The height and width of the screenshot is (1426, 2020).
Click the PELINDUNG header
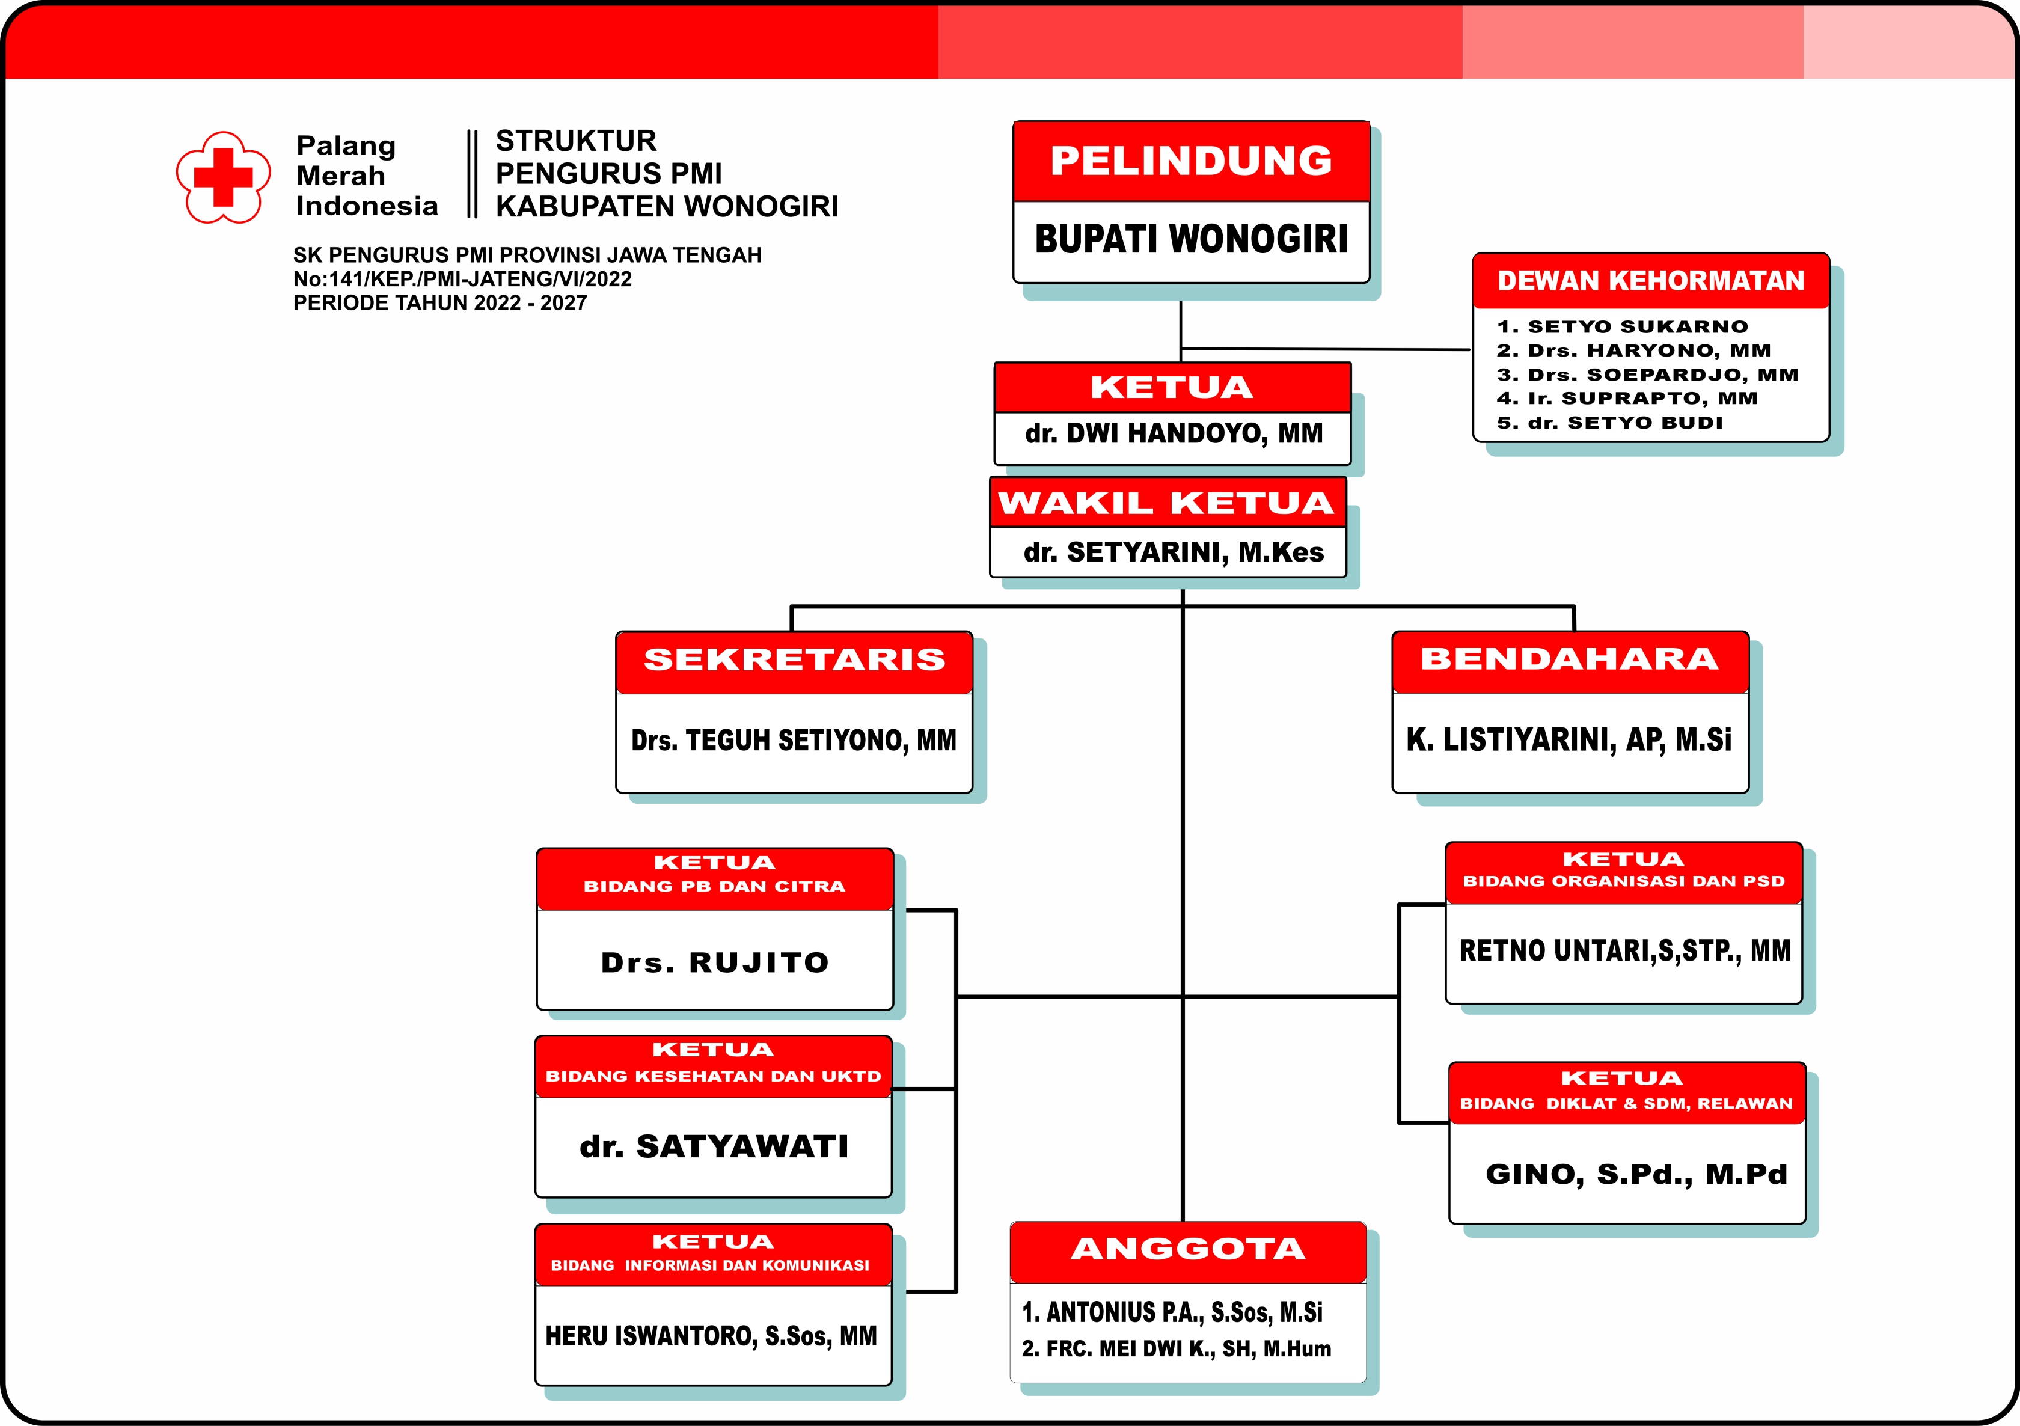1191,161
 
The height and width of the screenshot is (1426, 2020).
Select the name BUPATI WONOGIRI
1191,239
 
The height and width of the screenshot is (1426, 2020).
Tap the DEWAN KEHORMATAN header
1650,281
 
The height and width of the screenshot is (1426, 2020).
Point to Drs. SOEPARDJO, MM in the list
1648,375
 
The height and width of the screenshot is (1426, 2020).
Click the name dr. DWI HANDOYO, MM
1174,433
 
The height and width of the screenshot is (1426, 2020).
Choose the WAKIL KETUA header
1166,503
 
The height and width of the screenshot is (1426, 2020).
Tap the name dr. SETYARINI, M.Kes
1174,552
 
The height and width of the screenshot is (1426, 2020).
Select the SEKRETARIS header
794,659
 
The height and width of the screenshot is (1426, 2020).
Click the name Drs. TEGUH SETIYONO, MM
794,741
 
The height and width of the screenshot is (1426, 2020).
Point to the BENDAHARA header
1570,659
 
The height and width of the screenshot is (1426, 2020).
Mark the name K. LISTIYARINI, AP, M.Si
1569,741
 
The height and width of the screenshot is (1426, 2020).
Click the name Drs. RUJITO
714,963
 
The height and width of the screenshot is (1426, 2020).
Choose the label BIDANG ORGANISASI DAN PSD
1623,881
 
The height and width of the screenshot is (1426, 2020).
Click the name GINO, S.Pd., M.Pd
1636,1174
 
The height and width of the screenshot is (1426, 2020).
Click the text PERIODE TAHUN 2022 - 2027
440,304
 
